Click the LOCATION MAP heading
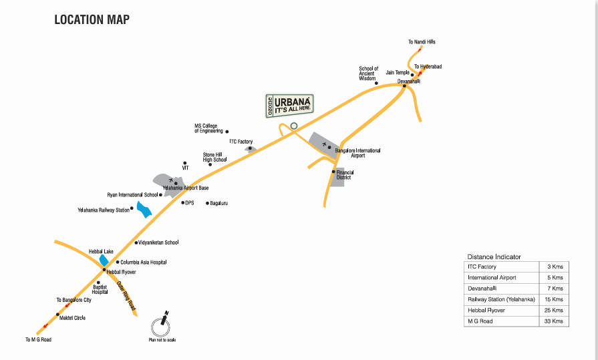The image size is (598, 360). point(92,19)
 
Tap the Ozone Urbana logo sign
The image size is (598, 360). point(289,105)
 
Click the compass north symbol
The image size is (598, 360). point(161,327)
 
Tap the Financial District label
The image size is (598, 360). point(345,175)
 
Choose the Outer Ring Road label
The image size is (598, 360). point(126,295)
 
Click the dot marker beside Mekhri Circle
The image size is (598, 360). point(58,315)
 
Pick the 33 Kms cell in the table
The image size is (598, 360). point(555,321)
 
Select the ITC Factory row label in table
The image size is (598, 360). point(482,267)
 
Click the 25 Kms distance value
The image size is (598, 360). point(555,311)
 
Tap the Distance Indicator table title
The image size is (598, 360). point(494,256)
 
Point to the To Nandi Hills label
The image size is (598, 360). point(422,42)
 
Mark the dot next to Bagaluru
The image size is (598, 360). point(208,203)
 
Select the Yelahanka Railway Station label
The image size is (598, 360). point(104,210)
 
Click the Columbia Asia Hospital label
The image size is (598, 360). point(144,262)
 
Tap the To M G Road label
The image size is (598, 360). point(38,339)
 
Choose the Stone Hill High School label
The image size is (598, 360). point(215,157)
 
